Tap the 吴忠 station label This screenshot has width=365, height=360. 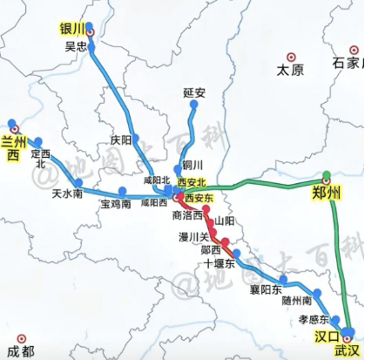coord(77,46)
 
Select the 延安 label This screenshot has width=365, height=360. coord(193,91)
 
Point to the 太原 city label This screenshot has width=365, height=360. coord(287,69)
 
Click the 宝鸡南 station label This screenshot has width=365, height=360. coord(115,204)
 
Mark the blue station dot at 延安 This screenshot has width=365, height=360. coord(193,105)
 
